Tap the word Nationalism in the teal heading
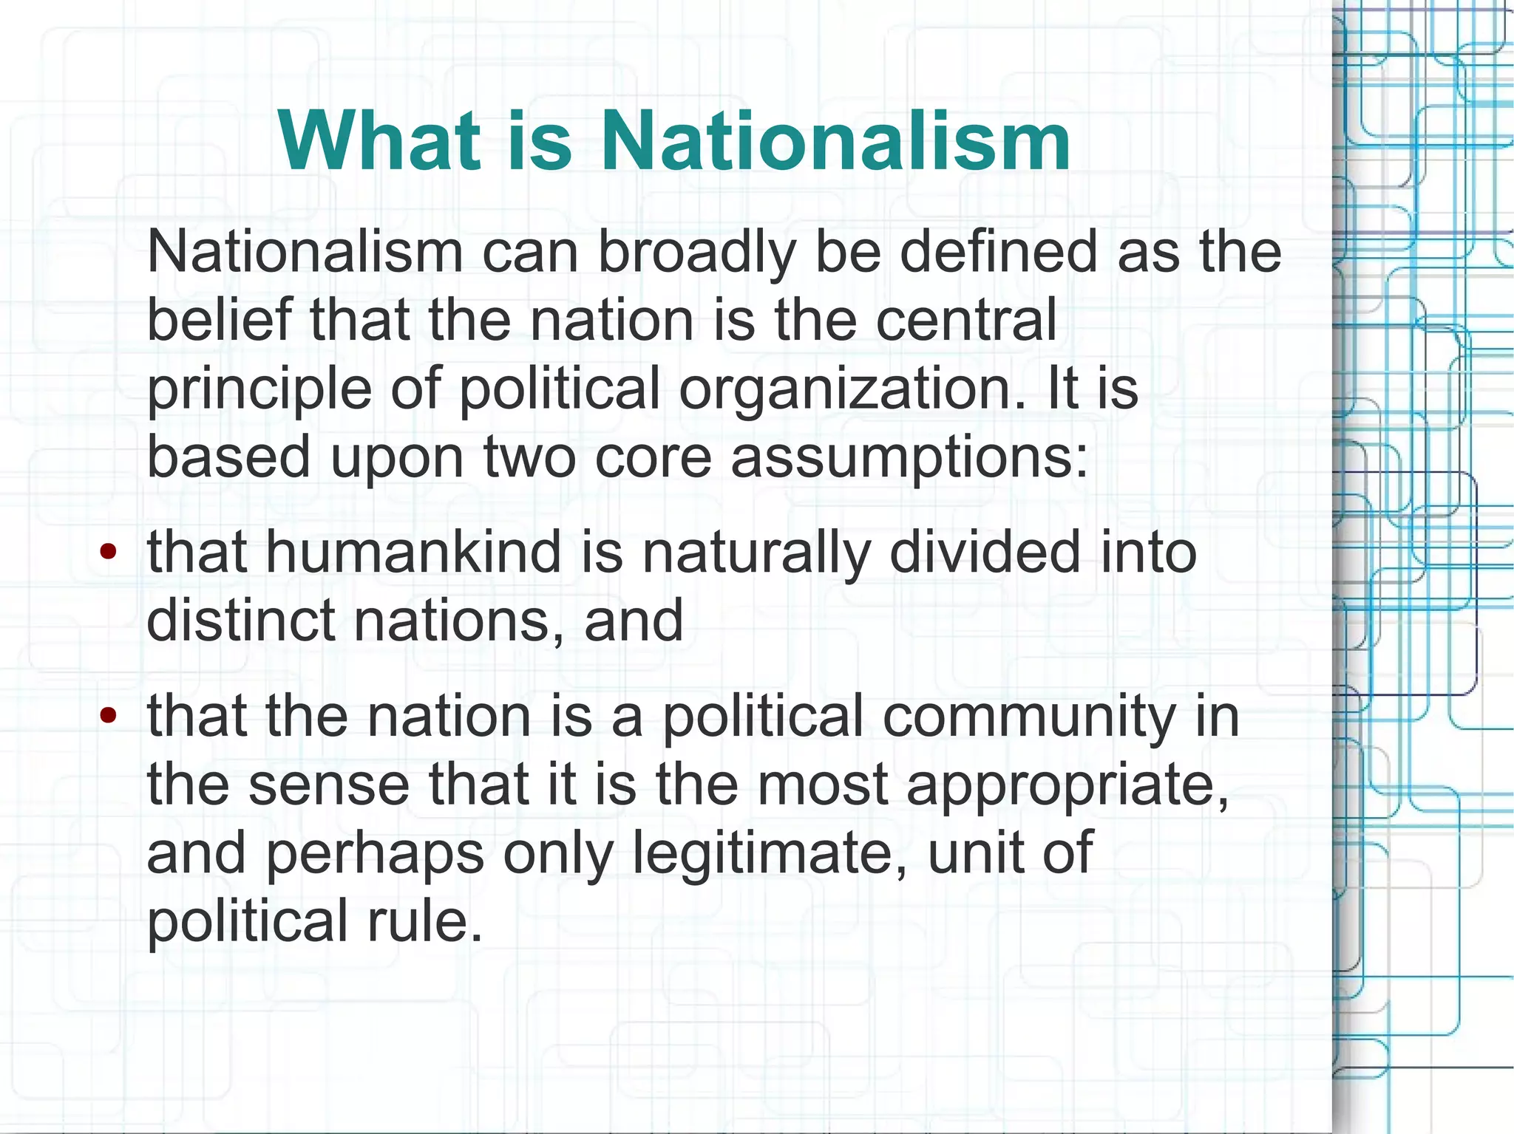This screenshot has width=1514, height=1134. pyautogui.click(x=835, y=140)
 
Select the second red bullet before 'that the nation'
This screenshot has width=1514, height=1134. pyautogui.click(x=109, y=715)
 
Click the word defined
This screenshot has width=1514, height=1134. pyautogui.click(x=999, y=252)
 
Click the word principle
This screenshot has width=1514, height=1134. pyautogui.click(x=259, y=389)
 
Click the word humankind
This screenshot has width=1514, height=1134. pyautogui.click(x=413, y=552)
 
